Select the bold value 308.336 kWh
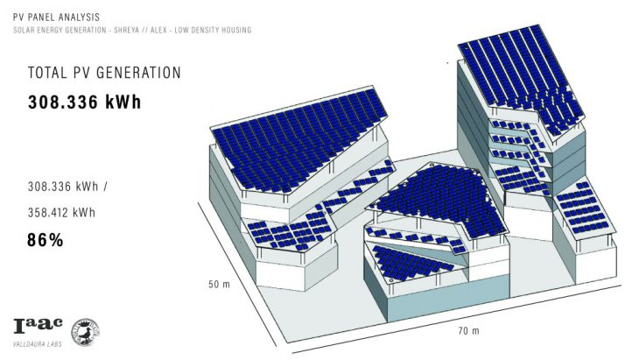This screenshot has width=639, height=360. point(84,102)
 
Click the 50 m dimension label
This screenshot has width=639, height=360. point(219,285)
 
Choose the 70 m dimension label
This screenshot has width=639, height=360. point(468,330)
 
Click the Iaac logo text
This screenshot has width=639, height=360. point(38,327)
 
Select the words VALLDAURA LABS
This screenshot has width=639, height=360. point(39,343)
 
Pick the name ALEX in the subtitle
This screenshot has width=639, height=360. point(168,31)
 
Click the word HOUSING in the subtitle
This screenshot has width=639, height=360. point(236,31)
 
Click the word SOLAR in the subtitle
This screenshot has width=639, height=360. point(24,31)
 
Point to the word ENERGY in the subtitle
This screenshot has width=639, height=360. point(52,31)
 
